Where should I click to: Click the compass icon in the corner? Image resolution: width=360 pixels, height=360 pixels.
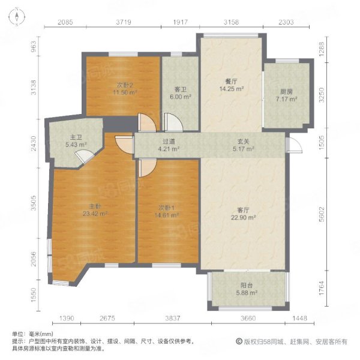17,17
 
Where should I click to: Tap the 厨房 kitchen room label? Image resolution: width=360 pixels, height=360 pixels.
287,92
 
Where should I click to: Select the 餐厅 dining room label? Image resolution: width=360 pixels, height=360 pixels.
231,82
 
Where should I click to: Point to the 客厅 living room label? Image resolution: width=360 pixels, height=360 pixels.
244,211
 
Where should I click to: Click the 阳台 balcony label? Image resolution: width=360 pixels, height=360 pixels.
247,286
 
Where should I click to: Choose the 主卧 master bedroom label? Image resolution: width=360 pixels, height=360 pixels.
95,206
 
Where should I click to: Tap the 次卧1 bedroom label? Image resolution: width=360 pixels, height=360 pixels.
166,208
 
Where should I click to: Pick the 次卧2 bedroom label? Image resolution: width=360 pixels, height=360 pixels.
125,85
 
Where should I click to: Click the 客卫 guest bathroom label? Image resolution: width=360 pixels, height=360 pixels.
181,89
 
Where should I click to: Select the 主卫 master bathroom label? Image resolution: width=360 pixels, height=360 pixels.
76,137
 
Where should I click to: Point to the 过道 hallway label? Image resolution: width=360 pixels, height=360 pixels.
169,142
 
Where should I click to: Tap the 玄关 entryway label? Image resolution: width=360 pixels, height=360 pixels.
244,142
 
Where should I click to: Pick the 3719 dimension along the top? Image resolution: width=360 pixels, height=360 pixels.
124,22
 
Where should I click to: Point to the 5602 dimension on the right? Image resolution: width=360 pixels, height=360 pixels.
322,214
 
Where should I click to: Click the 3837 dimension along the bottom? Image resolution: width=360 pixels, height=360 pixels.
173,318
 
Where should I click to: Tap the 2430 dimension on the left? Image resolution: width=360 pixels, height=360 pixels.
34,143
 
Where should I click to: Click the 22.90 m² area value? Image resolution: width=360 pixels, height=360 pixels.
244,217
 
